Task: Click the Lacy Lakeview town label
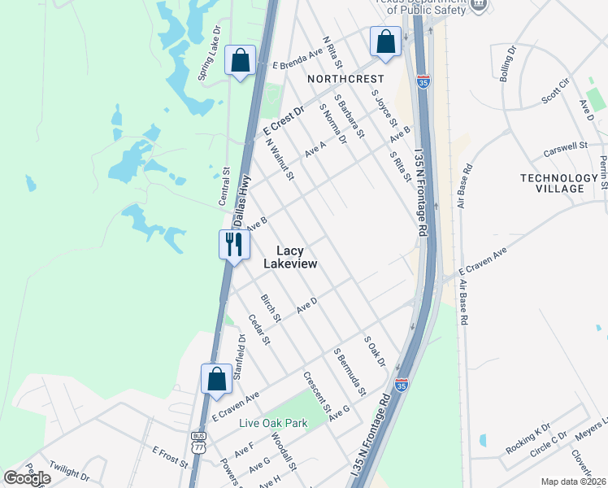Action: click(x=290, y=258)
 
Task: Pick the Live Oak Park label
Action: click(x=273, y=423)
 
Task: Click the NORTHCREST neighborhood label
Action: click(x=345, y=79)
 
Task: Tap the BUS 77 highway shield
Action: click(x=199, y=442)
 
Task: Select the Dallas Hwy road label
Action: click(x=241, y=198)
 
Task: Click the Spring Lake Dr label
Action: click(x=210, y=53)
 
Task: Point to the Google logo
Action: click(x=28, y=478)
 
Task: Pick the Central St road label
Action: click(x=226, y=185)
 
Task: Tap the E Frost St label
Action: click(x=170, y=456)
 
